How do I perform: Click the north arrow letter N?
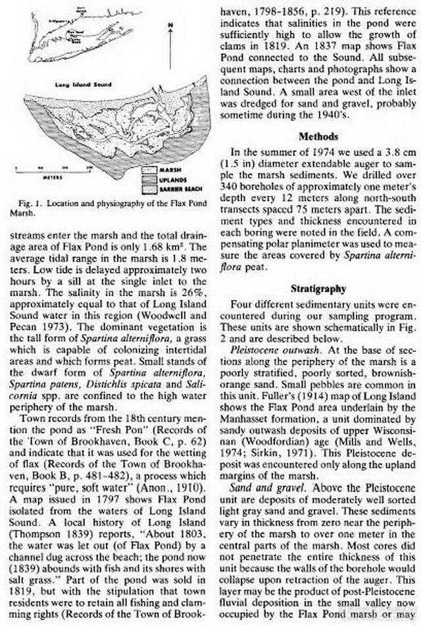(x=170, y=24)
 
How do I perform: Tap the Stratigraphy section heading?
(x=317, y=289)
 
